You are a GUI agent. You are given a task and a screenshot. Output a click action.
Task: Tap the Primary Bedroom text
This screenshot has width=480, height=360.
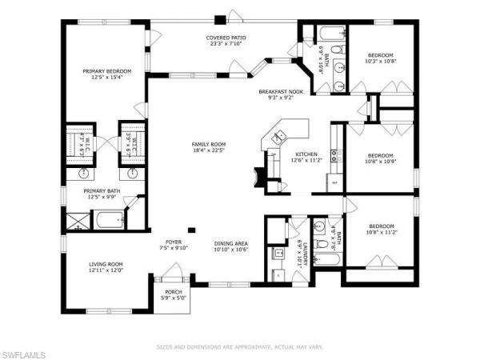(x=107, y=72)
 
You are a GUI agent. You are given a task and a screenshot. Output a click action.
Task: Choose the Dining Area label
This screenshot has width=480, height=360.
(x=230, y=244)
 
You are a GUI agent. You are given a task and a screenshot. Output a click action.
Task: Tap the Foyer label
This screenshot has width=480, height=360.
(x=174, y=242)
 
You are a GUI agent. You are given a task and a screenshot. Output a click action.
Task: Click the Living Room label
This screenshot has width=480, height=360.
(x=105, y=264)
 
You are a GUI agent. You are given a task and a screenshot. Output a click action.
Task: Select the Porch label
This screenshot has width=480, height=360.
(x=174, y=293)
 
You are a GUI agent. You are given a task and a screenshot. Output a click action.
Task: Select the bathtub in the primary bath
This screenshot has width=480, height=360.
(x=106, y=219)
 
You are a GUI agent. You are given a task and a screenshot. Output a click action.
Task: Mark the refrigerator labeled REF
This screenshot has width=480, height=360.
(x=335, y=183)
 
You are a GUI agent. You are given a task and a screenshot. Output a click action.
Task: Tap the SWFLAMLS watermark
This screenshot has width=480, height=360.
(x=24, y=353)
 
